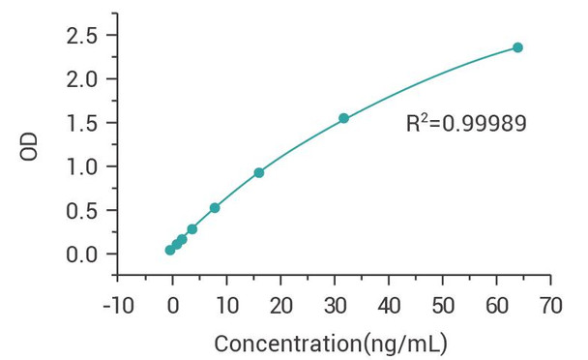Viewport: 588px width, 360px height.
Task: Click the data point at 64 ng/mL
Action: [517, 47]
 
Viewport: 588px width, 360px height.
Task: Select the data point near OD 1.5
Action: [343, 118]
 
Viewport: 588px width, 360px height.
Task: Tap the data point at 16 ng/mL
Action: [258, 172]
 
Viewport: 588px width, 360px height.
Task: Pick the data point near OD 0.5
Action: [215, 208]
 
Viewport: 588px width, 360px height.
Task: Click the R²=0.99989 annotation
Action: [466, 124]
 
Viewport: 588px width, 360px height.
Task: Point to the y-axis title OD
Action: [31, 148]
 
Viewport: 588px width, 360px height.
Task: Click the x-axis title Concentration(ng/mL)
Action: [330, 343]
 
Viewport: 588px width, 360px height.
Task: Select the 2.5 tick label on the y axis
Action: [85, 36]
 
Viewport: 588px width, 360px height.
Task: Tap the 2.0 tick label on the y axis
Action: [85, 79]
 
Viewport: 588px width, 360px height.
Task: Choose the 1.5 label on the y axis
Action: [85, 123]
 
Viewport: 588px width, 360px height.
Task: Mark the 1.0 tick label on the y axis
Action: [85, 166]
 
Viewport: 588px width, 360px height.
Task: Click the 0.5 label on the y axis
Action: [85, 210]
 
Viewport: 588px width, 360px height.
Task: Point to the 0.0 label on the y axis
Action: [85, 254]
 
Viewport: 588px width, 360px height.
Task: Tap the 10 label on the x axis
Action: [226, 306]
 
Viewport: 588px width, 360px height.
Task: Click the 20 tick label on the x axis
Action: [280, 306]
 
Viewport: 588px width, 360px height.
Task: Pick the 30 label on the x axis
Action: [335, 306]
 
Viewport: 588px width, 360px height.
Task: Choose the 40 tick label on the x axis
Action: [389, 306]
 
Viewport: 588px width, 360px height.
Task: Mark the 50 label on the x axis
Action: [443, 306]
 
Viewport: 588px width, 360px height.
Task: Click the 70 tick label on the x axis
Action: [550, 306]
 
